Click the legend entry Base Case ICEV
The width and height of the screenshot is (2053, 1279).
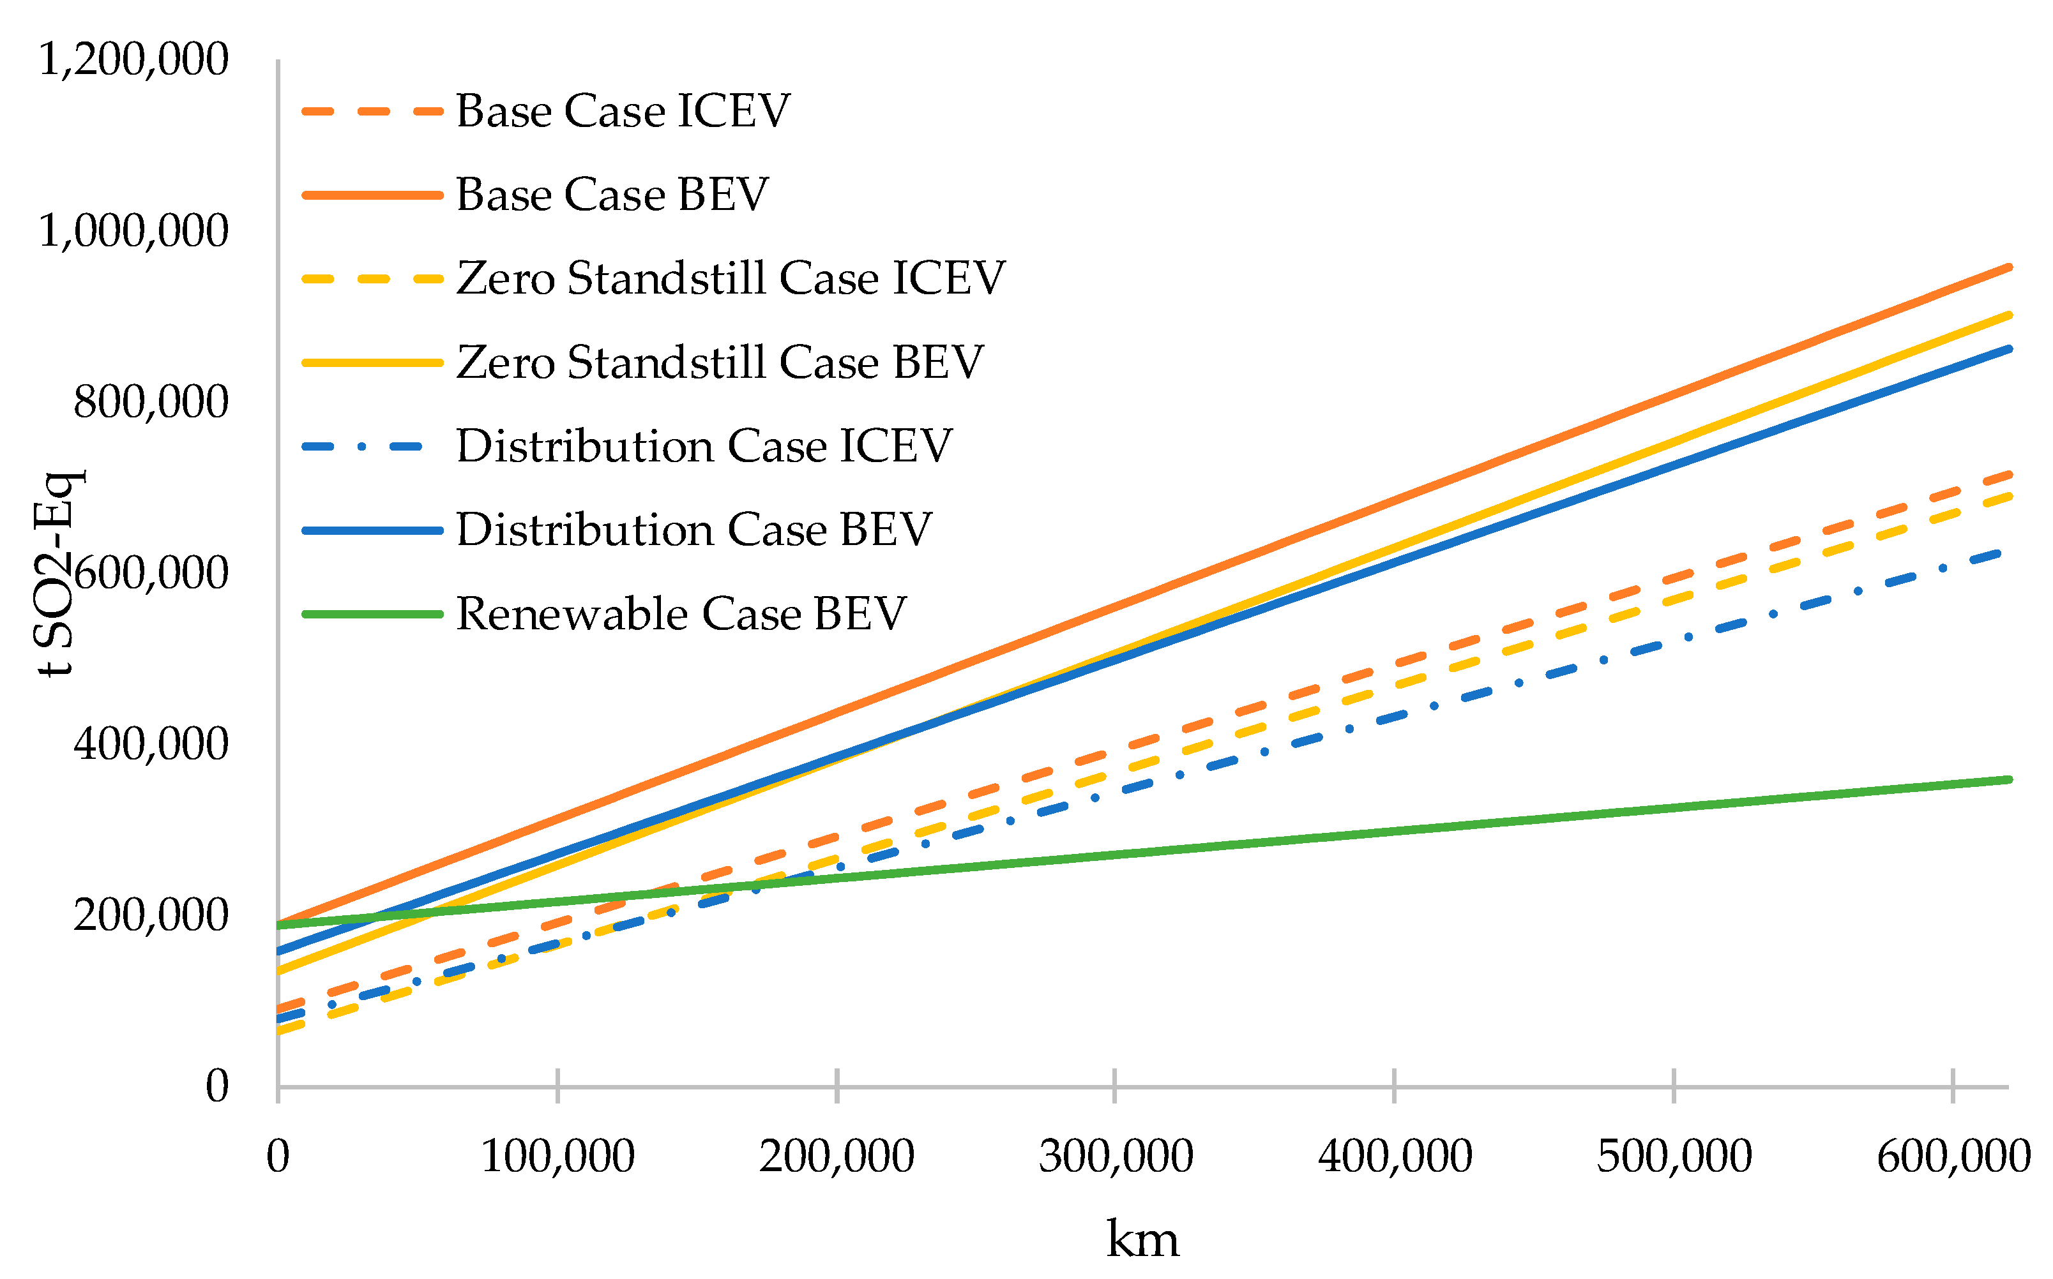coord(622,111)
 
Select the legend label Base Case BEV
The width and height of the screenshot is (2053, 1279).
coord(612,195)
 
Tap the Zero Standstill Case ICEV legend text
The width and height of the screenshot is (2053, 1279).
coord(731,278)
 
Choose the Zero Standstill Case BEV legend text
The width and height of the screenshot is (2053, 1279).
coord(719,362)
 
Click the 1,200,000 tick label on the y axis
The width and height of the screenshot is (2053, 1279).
coord(133,60)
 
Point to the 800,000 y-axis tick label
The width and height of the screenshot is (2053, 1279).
coord(151,402)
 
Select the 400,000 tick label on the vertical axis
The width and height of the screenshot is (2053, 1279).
coord(151,744)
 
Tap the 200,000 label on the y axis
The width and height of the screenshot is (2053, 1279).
coord(151,915)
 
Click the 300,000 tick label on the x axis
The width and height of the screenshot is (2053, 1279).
coord(1116,1156)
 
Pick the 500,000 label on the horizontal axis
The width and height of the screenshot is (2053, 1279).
coord(1674,1156)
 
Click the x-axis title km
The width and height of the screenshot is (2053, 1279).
coord(1142,1240)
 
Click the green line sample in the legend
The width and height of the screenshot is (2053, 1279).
coord(372,614)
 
